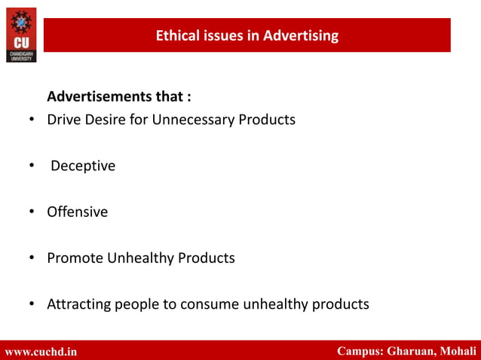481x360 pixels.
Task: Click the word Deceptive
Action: (x=83, y=166)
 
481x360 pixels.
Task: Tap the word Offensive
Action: (x=77, y=212)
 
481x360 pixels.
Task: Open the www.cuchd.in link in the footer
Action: (x=41, y=351)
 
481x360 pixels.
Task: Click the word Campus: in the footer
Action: (x=360, y=351)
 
